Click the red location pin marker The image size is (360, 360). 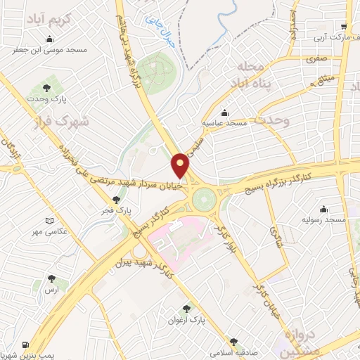click(x=181, y=165)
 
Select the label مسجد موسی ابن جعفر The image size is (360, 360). click(x=48, y=51)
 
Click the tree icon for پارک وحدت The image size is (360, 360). click(x=47, y=88)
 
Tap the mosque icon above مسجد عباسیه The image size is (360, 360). click(x=224, y=112)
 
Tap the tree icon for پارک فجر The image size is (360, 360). click(x=116, y=200)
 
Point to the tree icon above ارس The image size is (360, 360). click(x=50, y=278)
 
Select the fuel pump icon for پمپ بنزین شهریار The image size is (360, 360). click(x=26, y=345)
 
